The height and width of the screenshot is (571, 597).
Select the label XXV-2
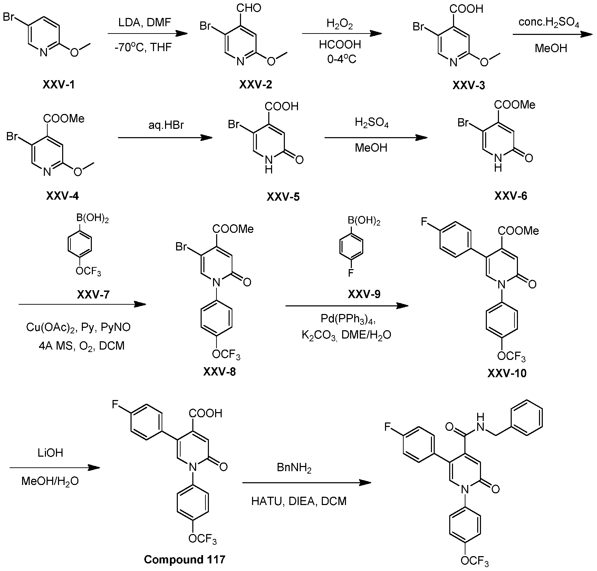(x=256, y=85)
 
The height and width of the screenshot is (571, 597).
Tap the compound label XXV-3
(x=469, y=85)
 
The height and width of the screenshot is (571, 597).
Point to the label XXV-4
(x=62, y=196)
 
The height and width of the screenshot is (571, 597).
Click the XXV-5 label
(x=283, y=197)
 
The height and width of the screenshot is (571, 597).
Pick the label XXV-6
(x=511, y=196)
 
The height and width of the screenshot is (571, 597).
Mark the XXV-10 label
(x=507, y=373)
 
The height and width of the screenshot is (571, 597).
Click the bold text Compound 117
(x=184, y=560)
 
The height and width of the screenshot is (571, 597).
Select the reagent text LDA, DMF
(x=145, y=23)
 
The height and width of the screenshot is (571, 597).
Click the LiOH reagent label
(x=50, y=453)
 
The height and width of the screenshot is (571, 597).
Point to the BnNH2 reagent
(x=294, y=468)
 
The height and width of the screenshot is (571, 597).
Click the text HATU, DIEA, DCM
(x=299, y=501)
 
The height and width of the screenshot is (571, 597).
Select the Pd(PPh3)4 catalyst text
(x=348, y=318)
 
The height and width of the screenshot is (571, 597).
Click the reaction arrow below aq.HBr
(x=165, y=138)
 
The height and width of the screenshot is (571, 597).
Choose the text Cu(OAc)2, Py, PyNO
(x=78, y=327)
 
